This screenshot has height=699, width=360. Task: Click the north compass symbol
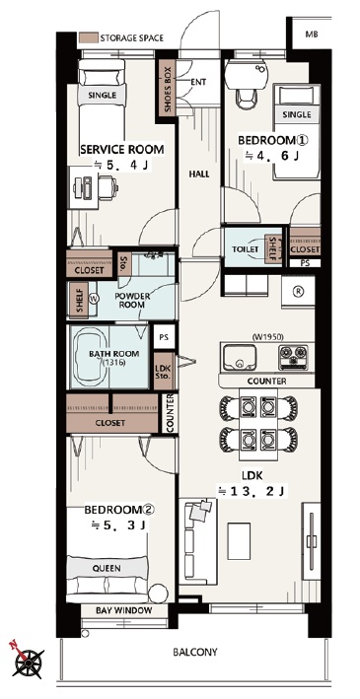[28, 661]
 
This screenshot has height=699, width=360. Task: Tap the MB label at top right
[312, 35]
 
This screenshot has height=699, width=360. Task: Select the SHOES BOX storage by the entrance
[168, 89]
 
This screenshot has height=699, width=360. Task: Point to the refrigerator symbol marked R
[297, 291]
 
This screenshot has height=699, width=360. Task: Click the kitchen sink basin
[240, 358]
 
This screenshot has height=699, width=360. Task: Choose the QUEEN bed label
[107, 569]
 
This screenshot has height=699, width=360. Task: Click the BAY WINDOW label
[124, 610]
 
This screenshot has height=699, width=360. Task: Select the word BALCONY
[195, 653]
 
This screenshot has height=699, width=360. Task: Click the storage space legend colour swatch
[89, 37]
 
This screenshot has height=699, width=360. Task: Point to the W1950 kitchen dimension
[267, 336]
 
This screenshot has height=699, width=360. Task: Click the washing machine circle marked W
[94, 299]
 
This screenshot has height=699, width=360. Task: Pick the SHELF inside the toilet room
[272, 249]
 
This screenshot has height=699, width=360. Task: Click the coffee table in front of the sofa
[239, 540]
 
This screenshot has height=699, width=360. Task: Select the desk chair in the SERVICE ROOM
[108, 187]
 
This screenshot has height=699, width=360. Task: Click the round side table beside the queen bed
[158, 594]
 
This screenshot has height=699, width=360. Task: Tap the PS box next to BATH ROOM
[164, 337]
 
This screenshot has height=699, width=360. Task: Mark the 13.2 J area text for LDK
[252, 492]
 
